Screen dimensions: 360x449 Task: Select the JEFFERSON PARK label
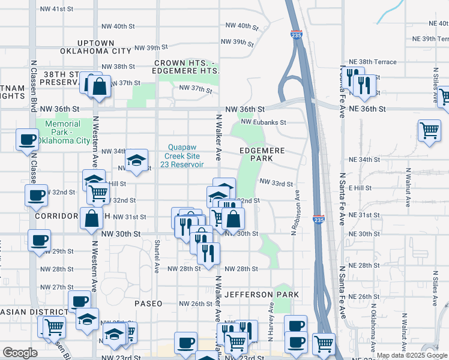(262, 295)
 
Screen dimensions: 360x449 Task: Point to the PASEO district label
(148, 304)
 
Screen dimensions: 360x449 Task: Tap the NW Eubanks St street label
(264, 122)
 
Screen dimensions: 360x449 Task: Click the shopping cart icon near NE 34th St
(429, 130)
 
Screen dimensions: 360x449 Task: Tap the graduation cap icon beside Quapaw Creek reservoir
(137, 159)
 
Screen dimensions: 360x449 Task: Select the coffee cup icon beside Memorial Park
(27, 139)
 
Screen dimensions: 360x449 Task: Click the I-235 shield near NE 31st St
(319, 221)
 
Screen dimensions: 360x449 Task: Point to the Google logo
(20, 353)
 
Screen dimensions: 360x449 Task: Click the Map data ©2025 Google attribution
(411, 355)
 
